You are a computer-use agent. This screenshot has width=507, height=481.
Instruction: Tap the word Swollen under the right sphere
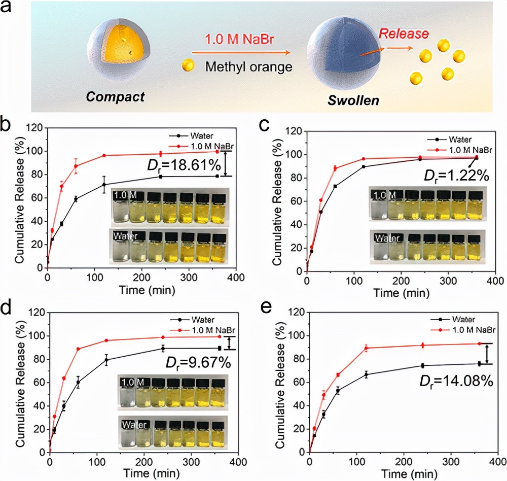[x=354, y=100]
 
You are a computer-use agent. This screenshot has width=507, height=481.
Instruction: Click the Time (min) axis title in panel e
[x=405, y=475]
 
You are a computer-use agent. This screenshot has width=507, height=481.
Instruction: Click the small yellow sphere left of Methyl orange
[x=188, y=65]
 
